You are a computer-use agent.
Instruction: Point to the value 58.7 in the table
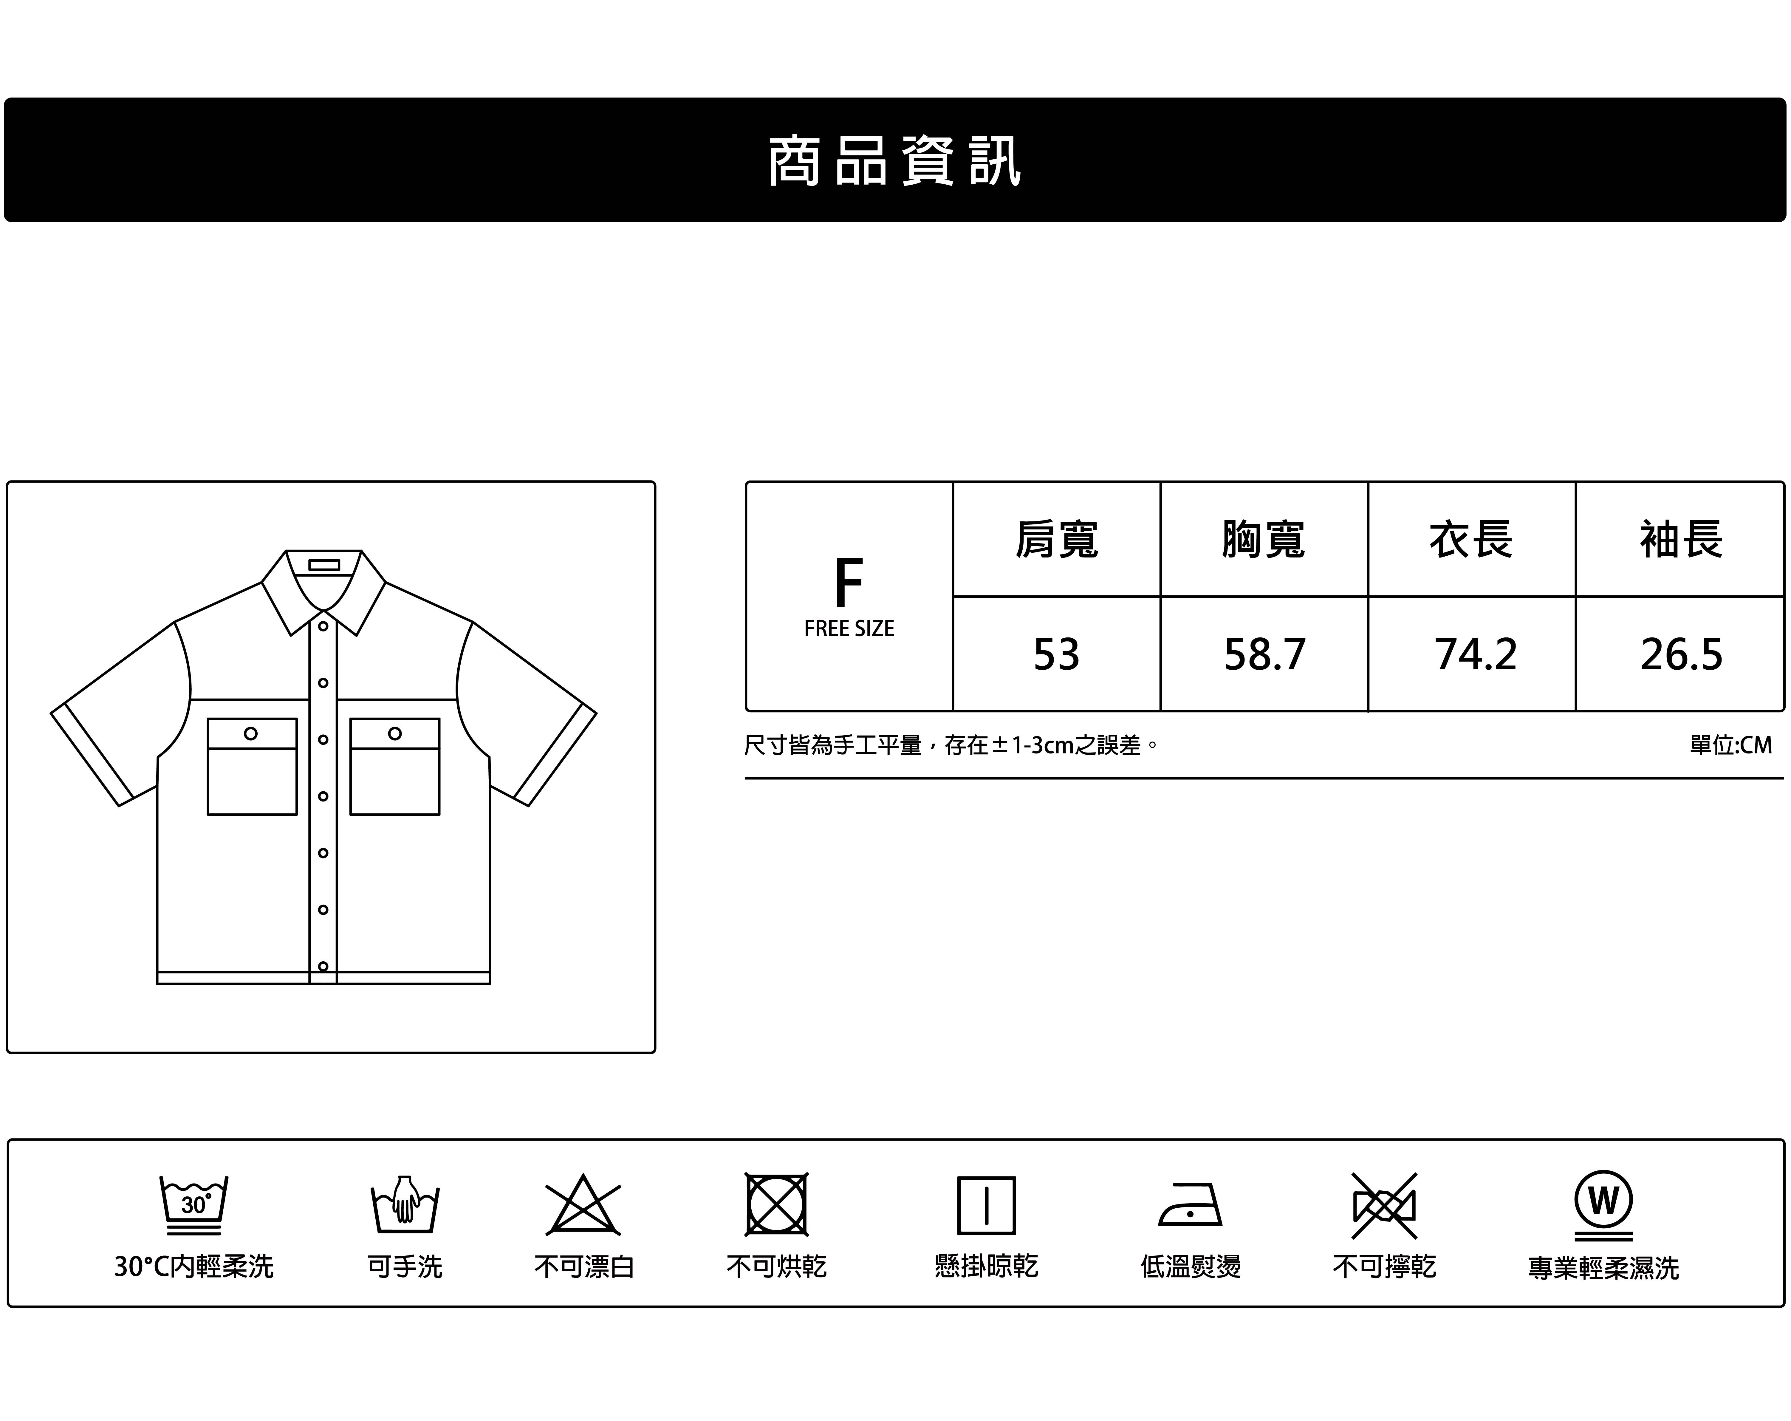click(x=1264, y=654)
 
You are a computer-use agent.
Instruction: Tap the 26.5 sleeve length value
click(x=1680, y=654)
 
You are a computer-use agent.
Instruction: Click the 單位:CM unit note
click(x=1730, y=745)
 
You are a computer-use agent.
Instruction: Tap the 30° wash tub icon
click(x=194, y=1205)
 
